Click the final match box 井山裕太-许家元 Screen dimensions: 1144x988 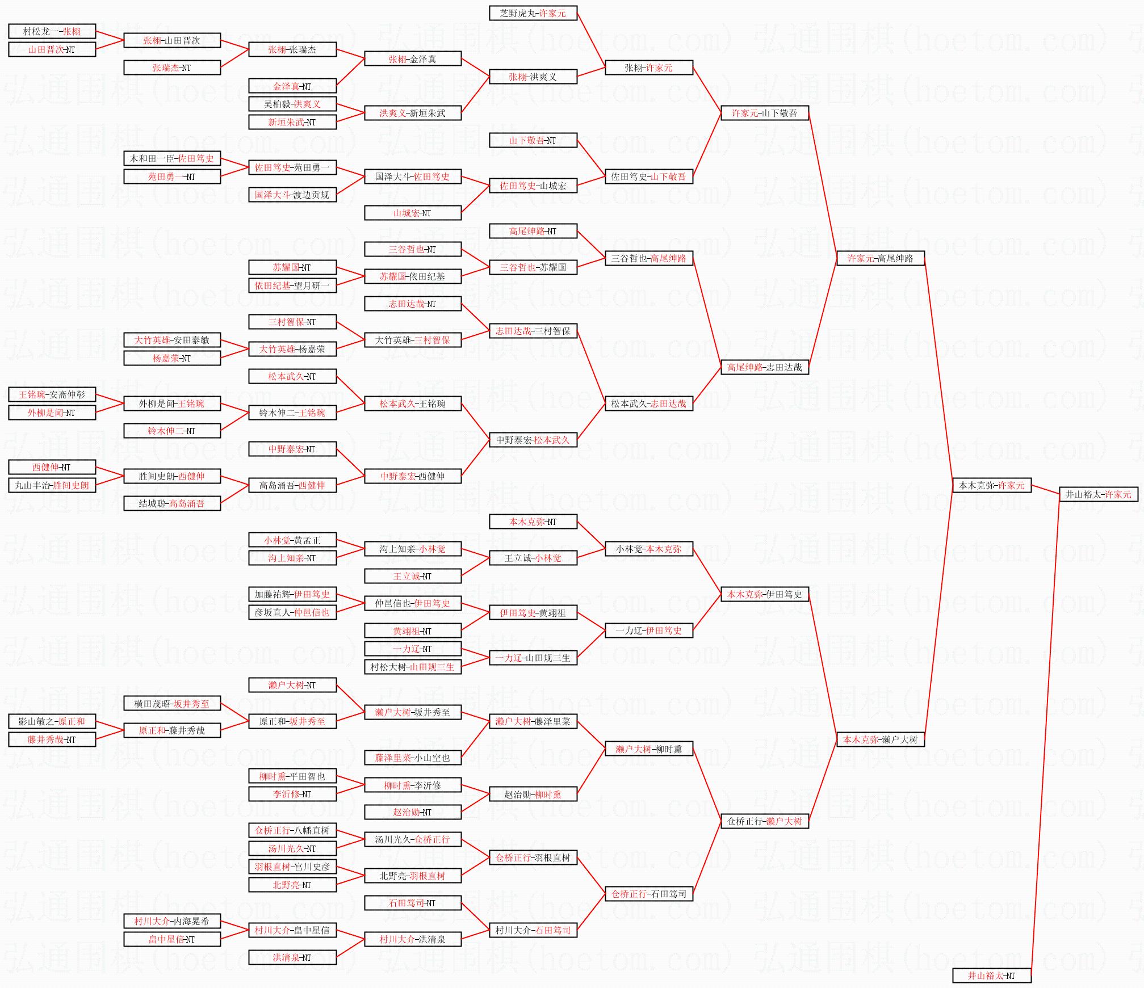tap(1099, 494)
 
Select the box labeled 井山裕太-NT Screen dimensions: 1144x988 tap(991, 976)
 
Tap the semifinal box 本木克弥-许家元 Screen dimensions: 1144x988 tap(991, 485)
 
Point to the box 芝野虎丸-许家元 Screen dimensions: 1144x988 tap(533, 13)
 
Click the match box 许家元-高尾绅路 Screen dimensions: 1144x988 tap(880, 258)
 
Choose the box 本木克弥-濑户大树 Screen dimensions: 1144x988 tap(880, 739)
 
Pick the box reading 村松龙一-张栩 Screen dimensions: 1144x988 tap(52, 31)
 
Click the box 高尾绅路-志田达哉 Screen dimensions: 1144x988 tap(764, 367)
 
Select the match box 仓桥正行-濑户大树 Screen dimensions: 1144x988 tap(764, 821)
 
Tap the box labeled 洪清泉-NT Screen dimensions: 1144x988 tap(292, 957)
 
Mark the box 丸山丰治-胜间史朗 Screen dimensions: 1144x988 tap(52, 485)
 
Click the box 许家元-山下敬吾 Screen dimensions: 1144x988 tap(764, 113)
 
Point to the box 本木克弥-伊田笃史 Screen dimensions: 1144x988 tap(764, 594)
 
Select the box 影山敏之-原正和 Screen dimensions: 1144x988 tap(52, 721)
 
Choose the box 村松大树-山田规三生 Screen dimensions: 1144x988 tap(413, 667)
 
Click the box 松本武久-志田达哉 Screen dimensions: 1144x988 tap(649, 403)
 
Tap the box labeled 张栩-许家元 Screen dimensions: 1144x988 tap(649, 68)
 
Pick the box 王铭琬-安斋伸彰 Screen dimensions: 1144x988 tap(52, 394)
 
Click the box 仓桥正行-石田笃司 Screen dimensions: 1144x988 tap(649, 894)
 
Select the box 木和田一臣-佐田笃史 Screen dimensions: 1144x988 tap(172, 158)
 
